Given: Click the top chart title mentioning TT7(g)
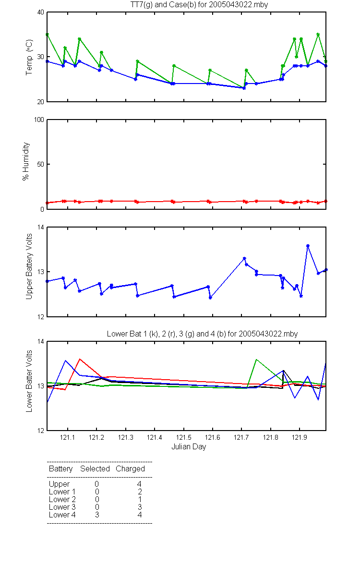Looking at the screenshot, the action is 199,5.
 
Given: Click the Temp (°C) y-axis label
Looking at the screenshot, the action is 29,57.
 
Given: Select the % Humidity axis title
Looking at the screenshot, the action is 26,161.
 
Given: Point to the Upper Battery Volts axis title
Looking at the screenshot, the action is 29,266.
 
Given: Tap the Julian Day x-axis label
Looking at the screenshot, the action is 189,447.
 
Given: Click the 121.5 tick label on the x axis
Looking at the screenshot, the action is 183,437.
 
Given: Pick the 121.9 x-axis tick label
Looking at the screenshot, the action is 300,437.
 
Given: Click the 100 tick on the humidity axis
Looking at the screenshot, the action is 39,120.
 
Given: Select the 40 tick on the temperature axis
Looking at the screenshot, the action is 41,12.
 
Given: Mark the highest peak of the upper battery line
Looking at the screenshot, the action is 308,246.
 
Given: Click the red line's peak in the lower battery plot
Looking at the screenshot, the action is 80,359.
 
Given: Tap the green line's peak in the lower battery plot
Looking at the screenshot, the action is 256,360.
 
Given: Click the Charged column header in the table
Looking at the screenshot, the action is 130,469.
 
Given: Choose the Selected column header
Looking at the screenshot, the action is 95,468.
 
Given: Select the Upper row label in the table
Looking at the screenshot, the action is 59,484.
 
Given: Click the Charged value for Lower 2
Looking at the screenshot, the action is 140,499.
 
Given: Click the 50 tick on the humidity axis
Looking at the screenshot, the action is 41,164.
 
